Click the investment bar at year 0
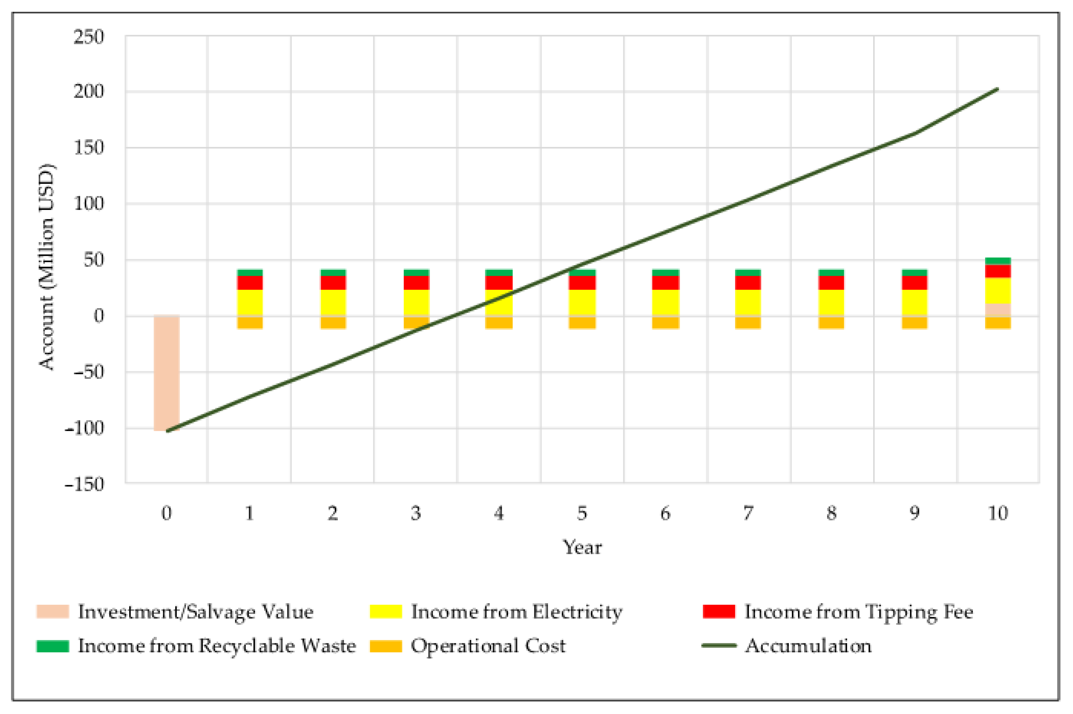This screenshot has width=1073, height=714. [x=166, y=372]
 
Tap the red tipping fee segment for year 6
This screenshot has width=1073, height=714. [x=665, y=282]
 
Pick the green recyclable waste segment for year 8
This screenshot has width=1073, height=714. [x=831, y=272]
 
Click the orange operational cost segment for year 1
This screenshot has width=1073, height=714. [x=250, y=322]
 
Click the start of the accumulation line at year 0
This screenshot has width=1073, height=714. [x=167, y=430]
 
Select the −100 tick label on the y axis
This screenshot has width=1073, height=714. [x=85, y=428]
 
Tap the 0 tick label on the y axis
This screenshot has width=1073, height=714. [x=98, y=316]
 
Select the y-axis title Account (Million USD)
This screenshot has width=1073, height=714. [x=46, y=266]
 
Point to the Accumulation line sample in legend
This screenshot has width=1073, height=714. [x=719, y=646]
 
